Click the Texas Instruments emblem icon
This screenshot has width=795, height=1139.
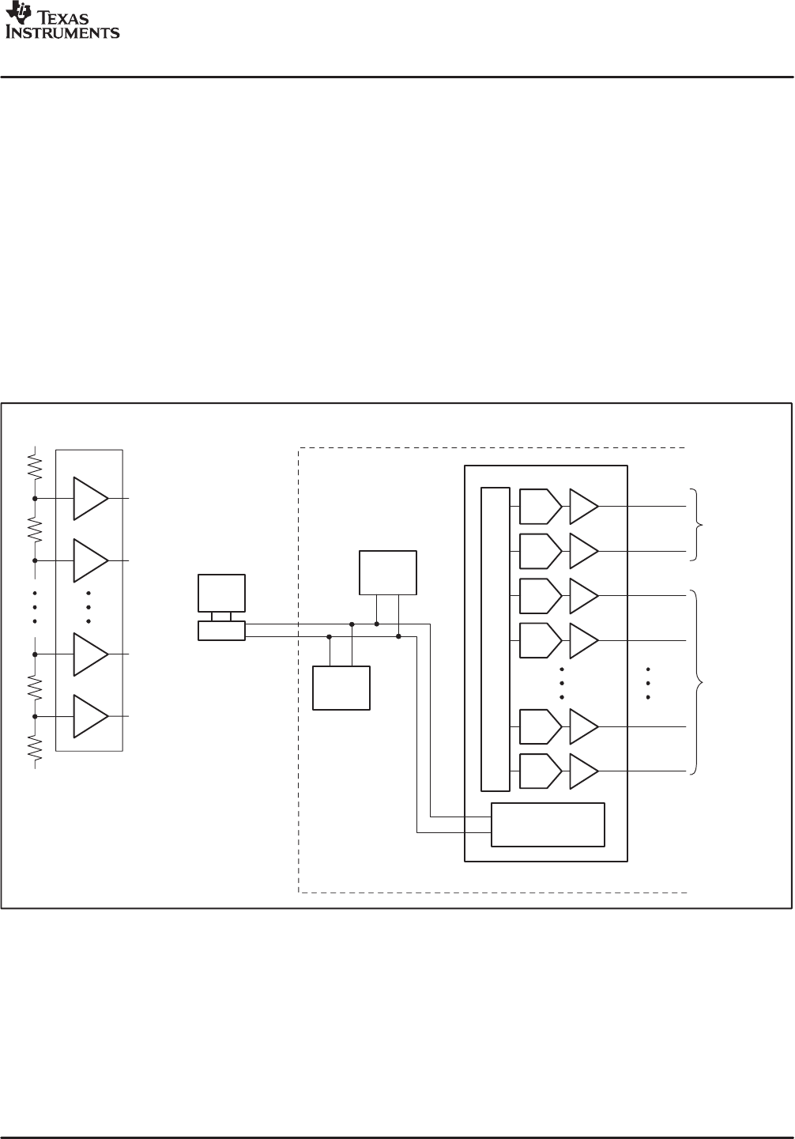19,13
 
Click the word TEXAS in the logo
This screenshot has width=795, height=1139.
64,19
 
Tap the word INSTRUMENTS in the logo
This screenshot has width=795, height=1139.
63,33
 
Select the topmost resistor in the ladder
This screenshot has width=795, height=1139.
35,466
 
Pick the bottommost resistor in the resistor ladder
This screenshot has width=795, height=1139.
35,748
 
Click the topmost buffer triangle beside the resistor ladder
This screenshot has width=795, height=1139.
90,498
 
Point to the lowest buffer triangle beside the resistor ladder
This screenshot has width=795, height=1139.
90,716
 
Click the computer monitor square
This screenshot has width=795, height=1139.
221,593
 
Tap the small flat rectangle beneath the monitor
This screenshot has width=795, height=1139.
221,631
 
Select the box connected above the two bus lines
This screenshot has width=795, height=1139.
388,572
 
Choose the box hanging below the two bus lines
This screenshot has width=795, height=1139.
341,688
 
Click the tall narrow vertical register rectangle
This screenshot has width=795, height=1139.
495,639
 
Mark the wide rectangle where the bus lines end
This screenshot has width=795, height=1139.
548,824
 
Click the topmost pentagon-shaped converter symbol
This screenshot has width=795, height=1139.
541,507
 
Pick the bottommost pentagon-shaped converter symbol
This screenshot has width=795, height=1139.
541,771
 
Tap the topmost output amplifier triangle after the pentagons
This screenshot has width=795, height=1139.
583,507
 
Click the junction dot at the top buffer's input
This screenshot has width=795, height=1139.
35,499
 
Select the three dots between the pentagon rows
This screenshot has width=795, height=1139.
562,684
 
